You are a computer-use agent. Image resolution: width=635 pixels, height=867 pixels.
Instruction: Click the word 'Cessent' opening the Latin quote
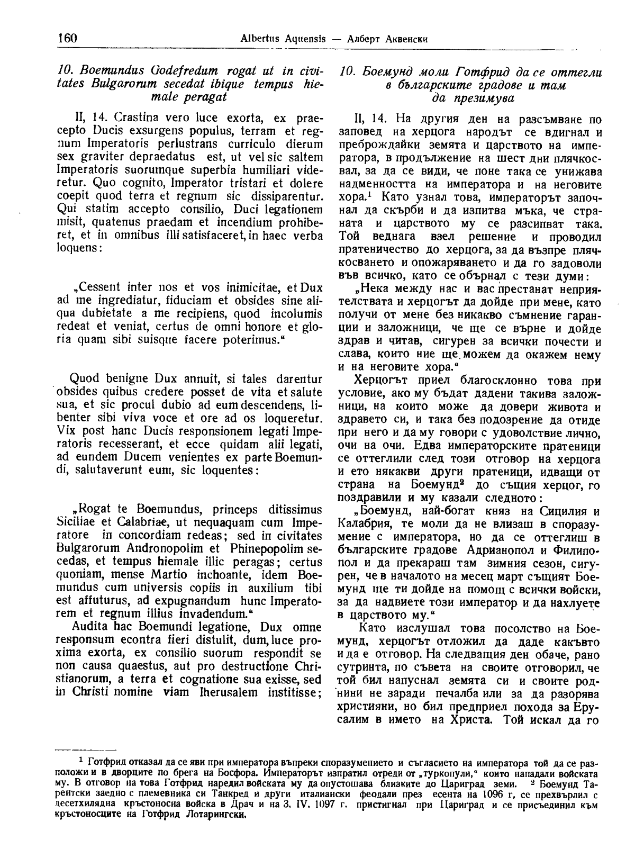point(103,289)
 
